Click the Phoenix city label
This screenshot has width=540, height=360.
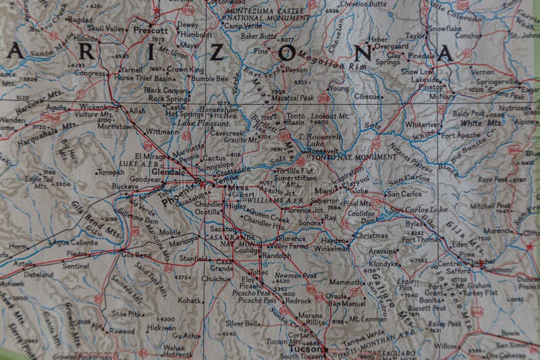[x=173, y=197]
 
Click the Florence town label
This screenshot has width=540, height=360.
[x=292, y=238]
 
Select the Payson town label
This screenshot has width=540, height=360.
[x=296, y=69]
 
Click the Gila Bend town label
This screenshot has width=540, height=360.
[x=136, y=255]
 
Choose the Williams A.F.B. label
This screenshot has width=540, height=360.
[x=277, y=201]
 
